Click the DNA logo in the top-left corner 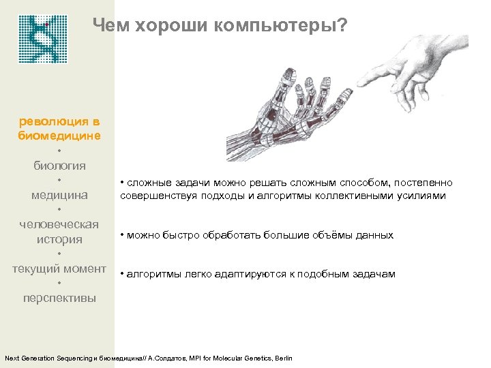pos(40,38)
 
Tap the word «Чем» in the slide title pos(111,26)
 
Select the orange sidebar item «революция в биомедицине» pos(59,128)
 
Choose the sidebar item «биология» pos(59,165)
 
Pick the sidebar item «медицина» pos(59,195)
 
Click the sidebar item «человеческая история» pos(59,232)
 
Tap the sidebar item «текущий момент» pos(59,269)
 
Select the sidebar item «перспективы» pos(59,298)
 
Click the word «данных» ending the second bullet pos(374,235)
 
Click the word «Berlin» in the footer pos(282,358)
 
